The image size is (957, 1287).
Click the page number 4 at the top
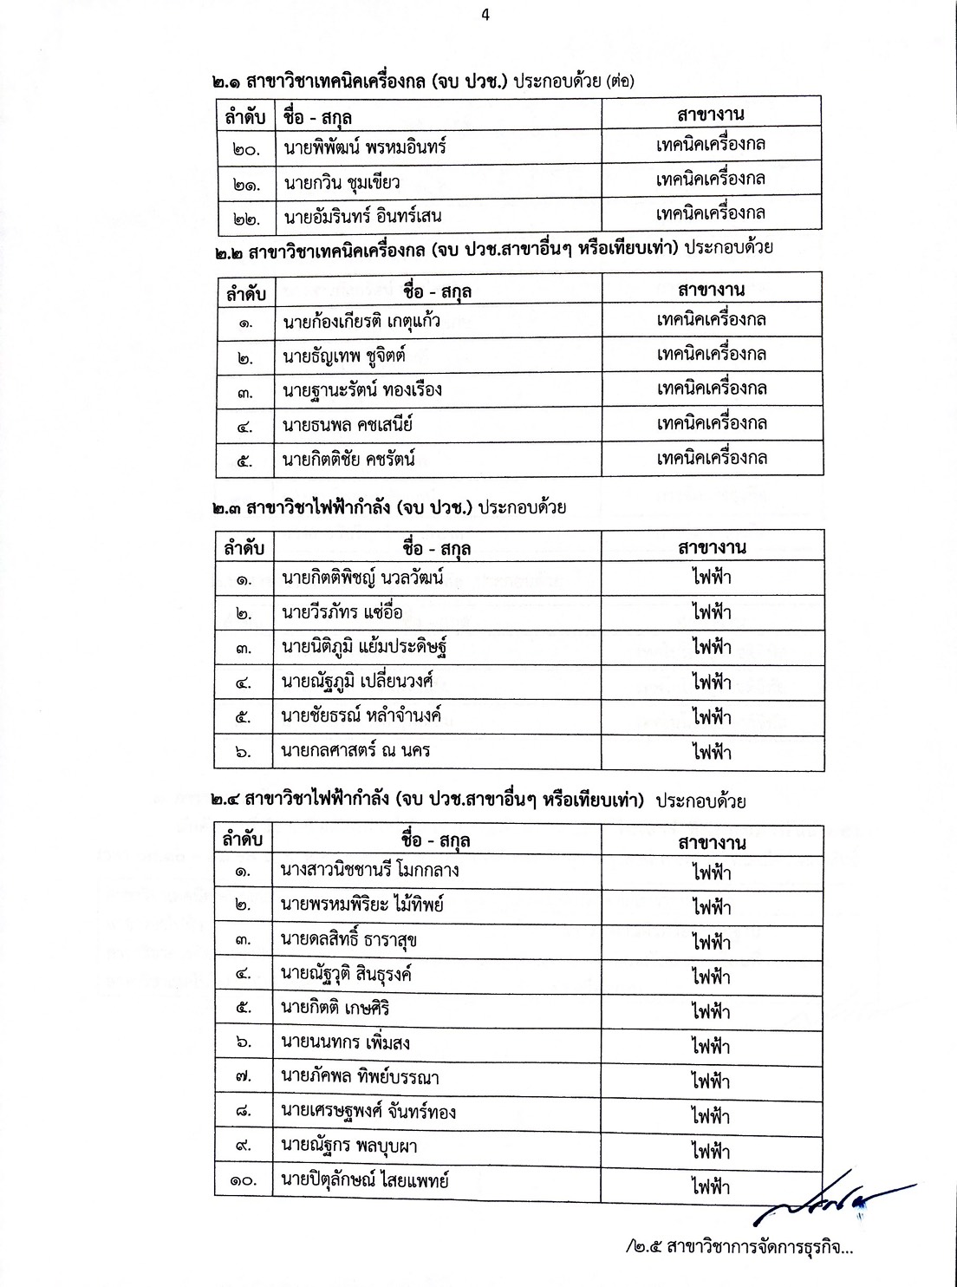(485, 15)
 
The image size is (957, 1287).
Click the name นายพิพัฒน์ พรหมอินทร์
(364, 147)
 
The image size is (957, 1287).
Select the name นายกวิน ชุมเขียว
(341, 182)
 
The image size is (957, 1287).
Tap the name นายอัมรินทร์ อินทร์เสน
(363, 216)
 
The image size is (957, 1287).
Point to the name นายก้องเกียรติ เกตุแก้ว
(361, 322)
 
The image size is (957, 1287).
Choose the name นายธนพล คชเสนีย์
(347, 425)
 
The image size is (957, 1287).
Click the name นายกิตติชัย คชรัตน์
(348, 460)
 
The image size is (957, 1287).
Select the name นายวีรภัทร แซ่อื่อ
(342, 612)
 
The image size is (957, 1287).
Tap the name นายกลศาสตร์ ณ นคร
(355, 751)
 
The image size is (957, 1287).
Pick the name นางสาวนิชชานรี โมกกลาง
(370, 870)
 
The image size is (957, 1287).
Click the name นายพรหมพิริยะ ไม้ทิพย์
(362, 905)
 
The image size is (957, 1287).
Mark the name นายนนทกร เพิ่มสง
(345, 1042)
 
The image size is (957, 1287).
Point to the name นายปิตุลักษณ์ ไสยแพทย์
(364, 1180)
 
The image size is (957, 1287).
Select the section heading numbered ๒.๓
(389, 507)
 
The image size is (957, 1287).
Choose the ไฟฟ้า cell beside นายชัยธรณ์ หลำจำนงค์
(712, 717)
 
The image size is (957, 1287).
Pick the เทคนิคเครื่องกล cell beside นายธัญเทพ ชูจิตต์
(711, 355)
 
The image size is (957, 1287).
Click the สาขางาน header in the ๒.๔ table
(711, 842)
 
